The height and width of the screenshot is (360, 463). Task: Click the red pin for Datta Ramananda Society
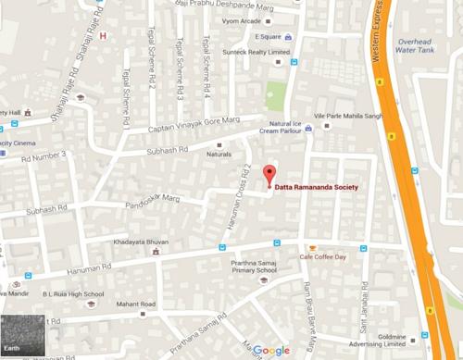click(269, 174)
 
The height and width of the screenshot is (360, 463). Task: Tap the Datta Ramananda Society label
click(319, 186)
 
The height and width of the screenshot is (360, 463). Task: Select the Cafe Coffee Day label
click(321, 256)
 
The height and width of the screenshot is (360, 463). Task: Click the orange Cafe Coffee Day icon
click(314, 247)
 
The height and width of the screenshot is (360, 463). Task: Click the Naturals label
click(219, 155)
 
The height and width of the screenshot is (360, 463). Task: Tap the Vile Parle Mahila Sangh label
click(348, 116)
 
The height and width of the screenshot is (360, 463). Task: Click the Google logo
click(271, 350)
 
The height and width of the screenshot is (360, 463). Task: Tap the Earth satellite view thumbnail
click(21, 336)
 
